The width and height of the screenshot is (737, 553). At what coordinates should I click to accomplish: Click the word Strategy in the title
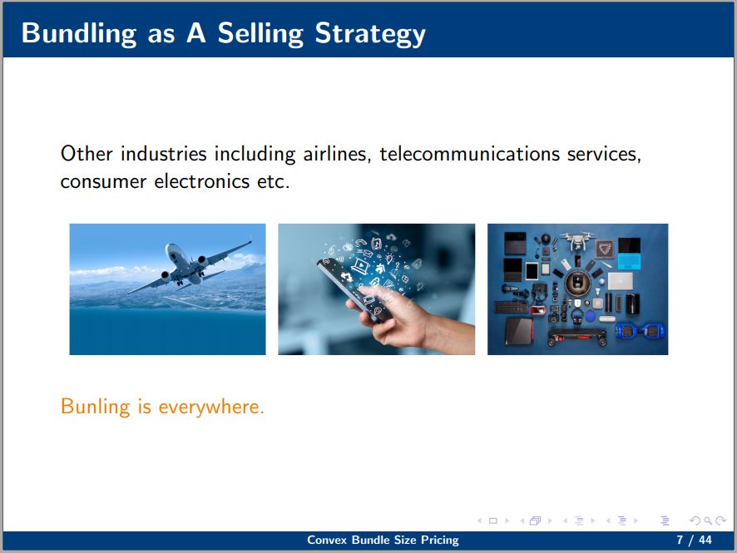tap(370, 34)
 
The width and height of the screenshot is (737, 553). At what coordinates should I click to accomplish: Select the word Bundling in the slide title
tap(79, 34)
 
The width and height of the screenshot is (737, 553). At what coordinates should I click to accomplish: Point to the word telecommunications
tap(469, 154)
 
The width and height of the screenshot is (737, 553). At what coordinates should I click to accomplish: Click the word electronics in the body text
tap(201, 181)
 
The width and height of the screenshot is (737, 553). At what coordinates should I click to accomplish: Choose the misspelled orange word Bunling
tap(96, 407)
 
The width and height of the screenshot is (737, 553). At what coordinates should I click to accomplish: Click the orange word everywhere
tap(211, 407)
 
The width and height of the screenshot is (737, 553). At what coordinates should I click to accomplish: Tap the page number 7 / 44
tap(694, 540)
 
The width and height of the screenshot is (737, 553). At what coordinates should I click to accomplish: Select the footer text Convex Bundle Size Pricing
tap(383, 540)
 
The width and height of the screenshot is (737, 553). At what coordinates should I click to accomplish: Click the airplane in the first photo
tap(189, 266)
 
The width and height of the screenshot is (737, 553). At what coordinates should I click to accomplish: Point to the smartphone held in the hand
tap(353, 289)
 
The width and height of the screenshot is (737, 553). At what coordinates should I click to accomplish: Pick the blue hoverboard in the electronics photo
tap(641, 331)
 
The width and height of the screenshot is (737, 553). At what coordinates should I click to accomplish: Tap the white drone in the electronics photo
tap(579, 239)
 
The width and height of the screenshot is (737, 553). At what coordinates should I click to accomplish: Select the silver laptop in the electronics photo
tap(620, 281)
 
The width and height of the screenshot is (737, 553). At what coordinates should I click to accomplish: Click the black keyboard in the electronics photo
tap(512, 308)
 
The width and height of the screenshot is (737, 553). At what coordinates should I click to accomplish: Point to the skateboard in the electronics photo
tap(576, 336)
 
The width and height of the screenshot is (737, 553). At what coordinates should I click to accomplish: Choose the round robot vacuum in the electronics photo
tap(577, 283)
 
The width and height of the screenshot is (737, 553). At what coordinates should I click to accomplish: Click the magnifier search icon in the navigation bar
tap(707, 521)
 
